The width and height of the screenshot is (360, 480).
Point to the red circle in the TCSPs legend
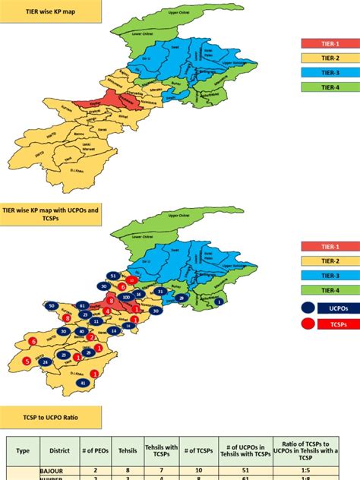point(308,324)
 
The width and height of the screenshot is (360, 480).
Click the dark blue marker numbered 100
point(126,297)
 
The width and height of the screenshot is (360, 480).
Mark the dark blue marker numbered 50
point(52,305)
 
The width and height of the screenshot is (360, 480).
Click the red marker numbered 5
point(27,362)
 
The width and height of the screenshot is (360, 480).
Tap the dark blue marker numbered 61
point(83,305)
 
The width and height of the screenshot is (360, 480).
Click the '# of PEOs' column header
point(95,450)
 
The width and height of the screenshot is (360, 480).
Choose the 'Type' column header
point(23,450)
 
